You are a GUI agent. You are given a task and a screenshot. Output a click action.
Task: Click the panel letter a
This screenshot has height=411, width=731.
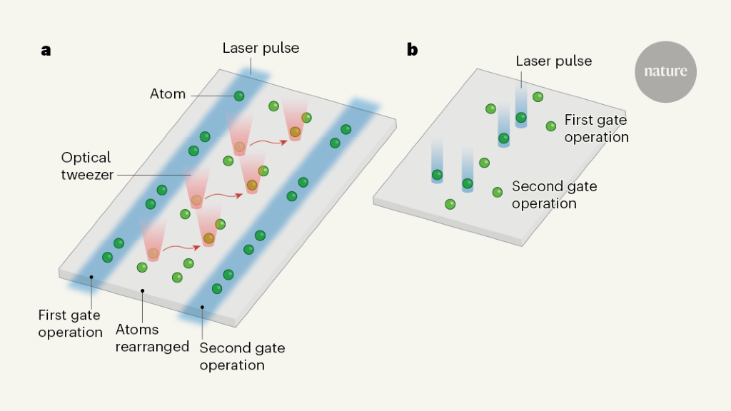(x=46, y=50)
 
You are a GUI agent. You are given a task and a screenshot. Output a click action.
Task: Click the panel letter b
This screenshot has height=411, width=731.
(x=412, y=50)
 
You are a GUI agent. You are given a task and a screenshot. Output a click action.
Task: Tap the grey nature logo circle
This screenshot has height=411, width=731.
(x=665, y=71)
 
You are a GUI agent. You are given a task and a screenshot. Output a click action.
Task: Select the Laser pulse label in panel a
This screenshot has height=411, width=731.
(x=261, y=49)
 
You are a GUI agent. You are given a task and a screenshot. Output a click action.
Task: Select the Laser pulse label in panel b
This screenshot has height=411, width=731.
(x=554, y=62)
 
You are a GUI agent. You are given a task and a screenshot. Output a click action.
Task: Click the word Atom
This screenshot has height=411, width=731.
(x=168, y=93)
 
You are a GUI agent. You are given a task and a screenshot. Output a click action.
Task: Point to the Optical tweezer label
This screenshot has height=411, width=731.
(x=86, y=166)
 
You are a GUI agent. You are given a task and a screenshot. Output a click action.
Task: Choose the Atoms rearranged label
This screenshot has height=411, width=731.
(x=152, y=338)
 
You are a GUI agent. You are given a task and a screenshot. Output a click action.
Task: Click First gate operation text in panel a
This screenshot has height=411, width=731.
(x=71, y=323)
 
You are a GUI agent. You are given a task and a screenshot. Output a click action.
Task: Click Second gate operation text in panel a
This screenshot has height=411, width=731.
(x=242, y=356)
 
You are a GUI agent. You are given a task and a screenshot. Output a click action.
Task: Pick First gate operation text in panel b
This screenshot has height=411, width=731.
(x=596, y=128)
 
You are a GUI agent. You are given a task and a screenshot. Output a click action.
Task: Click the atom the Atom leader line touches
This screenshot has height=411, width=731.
(x=239, y=96)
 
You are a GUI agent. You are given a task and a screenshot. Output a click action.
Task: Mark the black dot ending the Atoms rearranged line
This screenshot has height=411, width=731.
(x=143, y=290)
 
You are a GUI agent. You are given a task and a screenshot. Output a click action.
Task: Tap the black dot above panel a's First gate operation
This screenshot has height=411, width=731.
(x=91, y=276)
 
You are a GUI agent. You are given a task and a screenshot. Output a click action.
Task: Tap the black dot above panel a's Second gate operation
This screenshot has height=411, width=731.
(x=202, y=308)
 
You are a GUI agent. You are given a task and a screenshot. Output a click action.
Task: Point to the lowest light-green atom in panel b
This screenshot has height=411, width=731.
(x=450, y=205)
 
